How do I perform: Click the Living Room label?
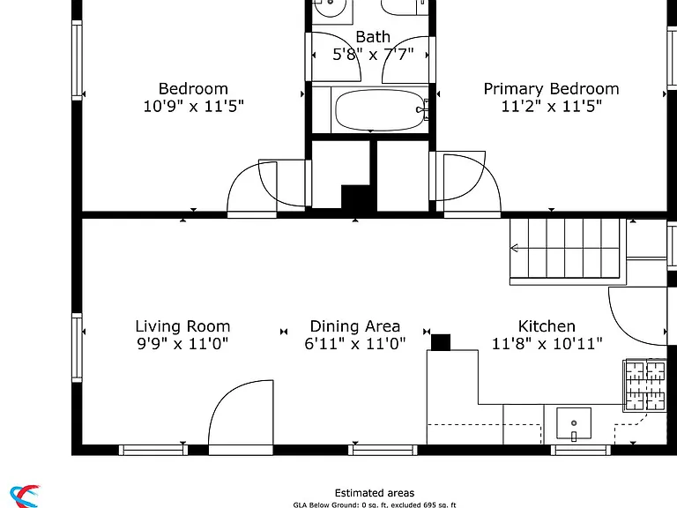click(x=182, y=326)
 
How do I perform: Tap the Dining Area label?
click(x=355, y=326)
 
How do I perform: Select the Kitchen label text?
click(x=547, y=326)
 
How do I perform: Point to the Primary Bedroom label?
click(x=551, y=89)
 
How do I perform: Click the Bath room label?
click(x=373, y=37)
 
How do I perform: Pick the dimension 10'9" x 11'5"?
click(x=193, y=106)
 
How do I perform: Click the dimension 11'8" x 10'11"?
click(x=547, y=344)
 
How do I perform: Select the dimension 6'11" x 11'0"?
click(x=355, y=344)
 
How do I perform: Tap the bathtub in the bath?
click(x=379, y=109)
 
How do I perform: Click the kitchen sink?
click(x=573, y=423)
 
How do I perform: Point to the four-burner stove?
click(x=645, y=385)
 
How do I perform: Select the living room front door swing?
click(x=241, y=412)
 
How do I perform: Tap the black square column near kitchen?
click(x=441, y=342)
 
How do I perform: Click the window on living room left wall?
click(x=77, y=347)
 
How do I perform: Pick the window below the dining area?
click(x=383, y=450)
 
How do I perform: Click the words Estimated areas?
click(x=375, y=493)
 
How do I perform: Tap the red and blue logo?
click(x=25, y=497)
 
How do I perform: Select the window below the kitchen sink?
click(x=581, y=450)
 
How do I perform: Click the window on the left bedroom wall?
click(x=77, y=61)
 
